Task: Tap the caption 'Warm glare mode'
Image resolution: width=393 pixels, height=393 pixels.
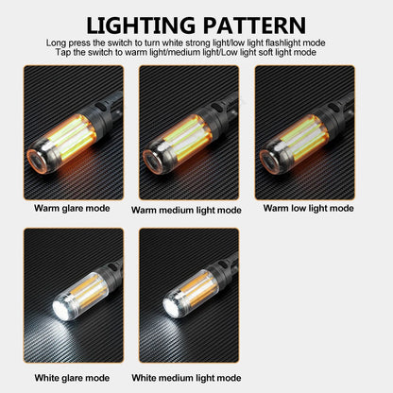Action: (x=73, y=208)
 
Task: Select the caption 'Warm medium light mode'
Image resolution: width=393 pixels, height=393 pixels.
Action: (x=186, y=210)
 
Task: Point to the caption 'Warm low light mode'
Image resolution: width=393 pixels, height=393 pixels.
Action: (x=308, y=208)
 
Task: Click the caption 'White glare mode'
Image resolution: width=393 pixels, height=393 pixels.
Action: (x=73, y=378)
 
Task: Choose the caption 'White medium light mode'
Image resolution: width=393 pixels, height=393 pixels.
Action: (x=186, y=378)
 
